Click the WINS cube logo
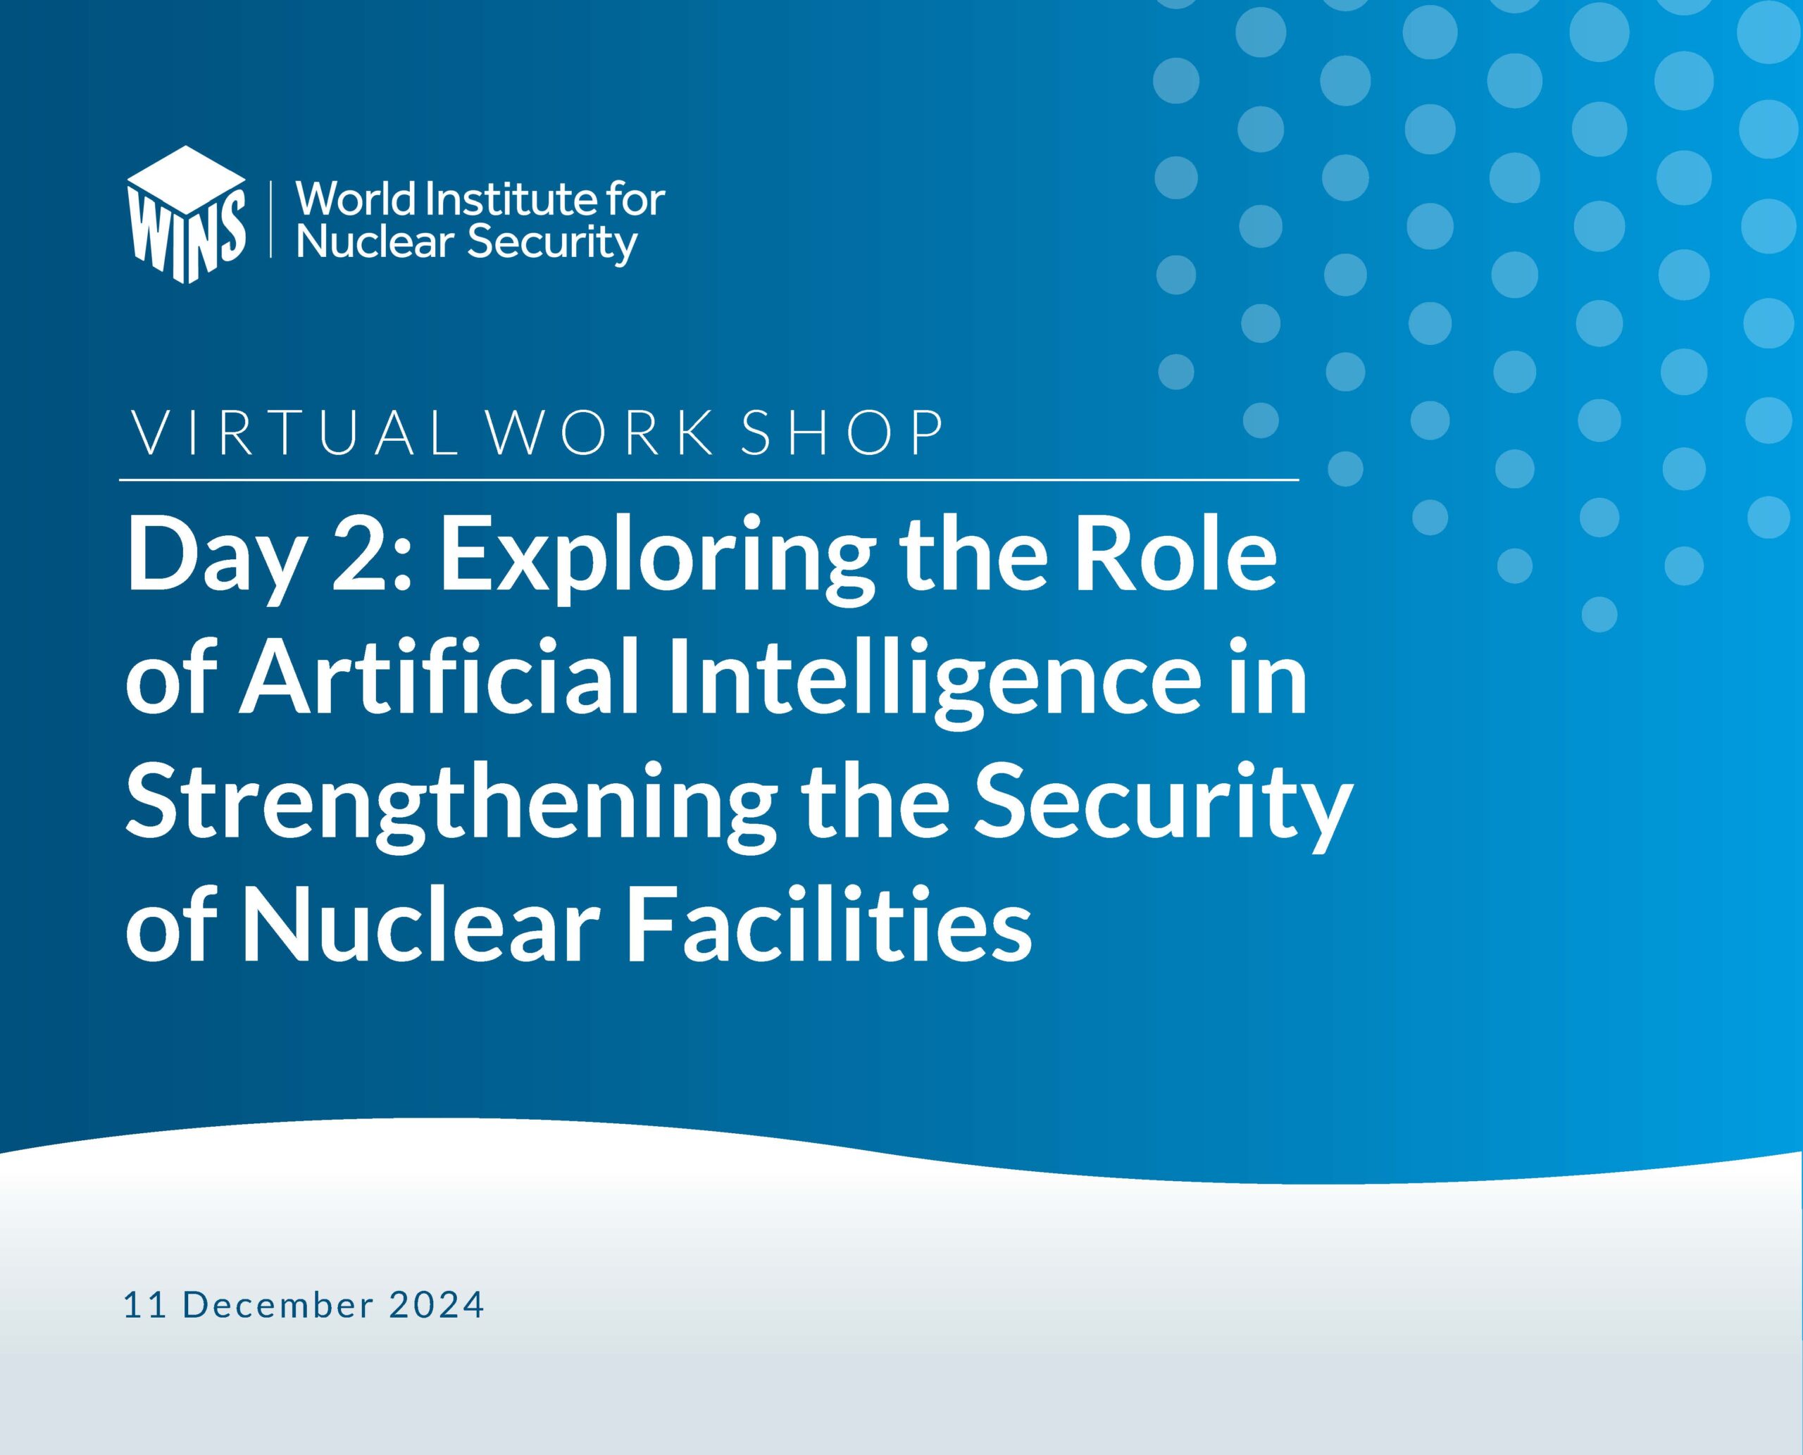click(x=186, y=215)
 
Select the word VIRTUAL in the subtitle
click(x=296, y=433)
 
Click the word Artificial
click(x=441, y=680)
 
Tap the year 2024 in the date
click(x=436, y=1306)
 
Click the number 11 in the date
click(x=144, y=1306)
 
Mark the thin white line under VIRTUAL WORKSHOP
click(x=709, y=480)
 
